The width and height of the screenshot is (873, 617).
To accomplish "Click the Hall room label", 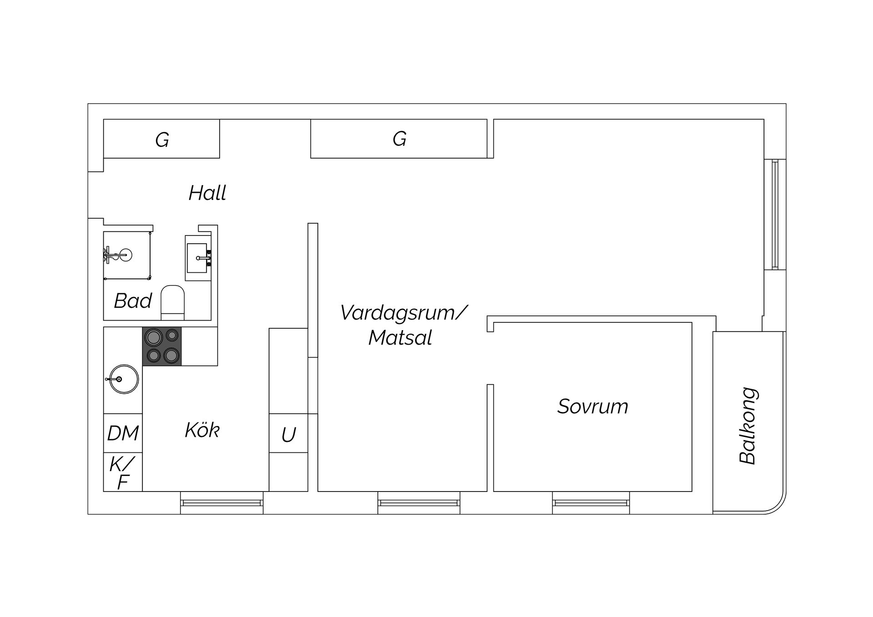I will click(207, 193).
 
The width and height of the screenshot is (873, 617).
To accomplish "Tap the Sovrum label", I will click(592, 406).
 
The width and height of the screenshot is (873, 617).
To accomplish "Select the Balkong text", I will click(748, 426).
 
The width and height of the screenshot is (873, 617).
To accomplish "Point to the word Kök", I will click(202, 430).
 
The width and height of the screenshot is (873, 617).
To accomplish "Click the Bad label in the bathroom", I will click(133, 301).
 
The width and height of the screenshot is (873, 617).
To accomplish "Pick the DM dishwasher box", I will click(123, 433).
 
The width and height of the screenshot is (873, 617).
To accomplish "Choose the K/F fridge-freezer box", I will click(123, 472).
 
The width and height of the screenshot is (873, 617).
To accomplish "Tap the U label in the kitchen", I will click(289, 435).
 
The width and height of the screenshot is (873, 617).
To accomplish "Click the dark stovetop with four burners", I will click(162, 346).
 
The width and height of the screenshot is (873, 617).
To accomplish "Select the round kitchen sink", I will click(124, 379).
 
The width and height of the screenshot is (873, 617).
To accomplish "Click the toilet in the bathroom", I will click(173, 302).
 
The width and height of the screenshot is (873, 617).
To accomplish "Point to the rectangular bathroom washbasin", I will click(197, 258).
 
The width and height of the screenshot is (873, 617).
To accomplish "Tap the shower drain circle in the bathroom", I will click(126, 255).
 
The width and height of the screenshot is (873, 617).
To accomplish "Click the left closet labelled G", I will click(162, 139).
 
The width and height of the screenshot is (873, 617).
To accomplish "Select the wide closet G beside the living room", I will click(399, 139).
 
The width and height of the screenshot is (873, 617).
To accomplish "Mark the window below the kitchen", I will click(221, 503).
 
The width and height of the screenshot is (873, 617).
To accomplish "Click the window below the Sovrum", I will click(591, 503).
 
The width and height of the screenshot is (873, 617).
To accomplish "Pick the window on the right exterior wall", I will click(775, 214).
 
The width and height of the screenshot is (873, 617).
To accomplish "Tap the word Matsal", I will click(400, 338).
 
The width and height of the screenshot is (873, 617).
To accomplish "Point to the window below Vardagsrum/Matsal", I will click(419, 503).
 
